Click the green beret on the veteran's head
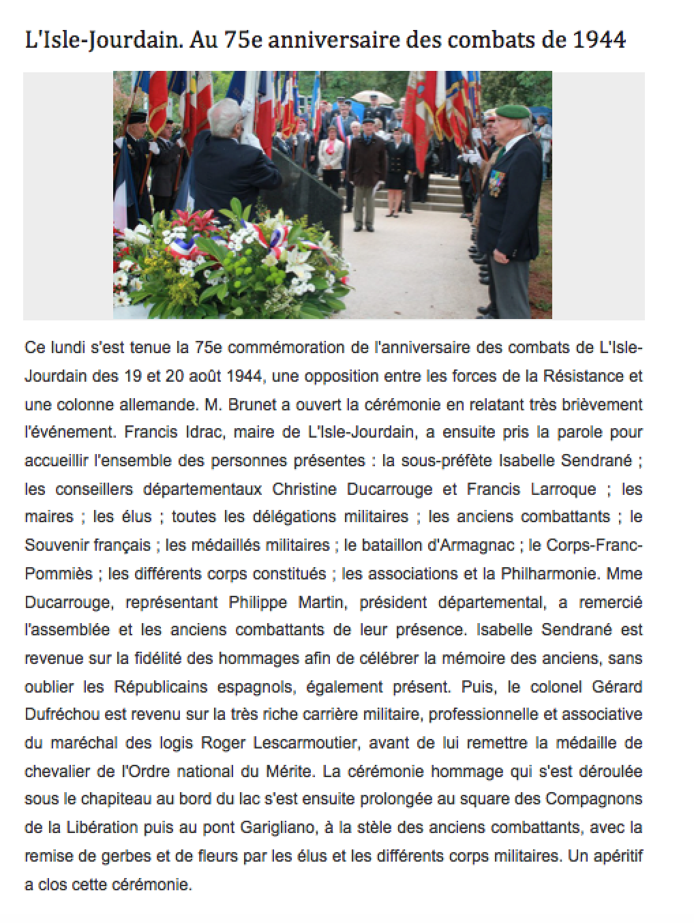(513, 111)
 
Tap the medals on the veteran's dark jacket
(495, 181)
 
